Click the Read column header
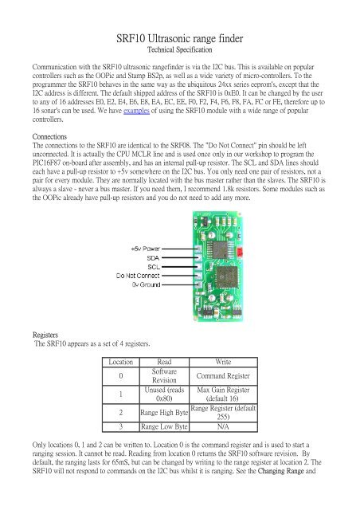pyautogui.click(x=162, y=361)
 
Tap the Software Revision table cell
pyautogui.click(x=162, y=375)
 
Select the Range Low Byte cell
pyautogui.click(x=162, y=427)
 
